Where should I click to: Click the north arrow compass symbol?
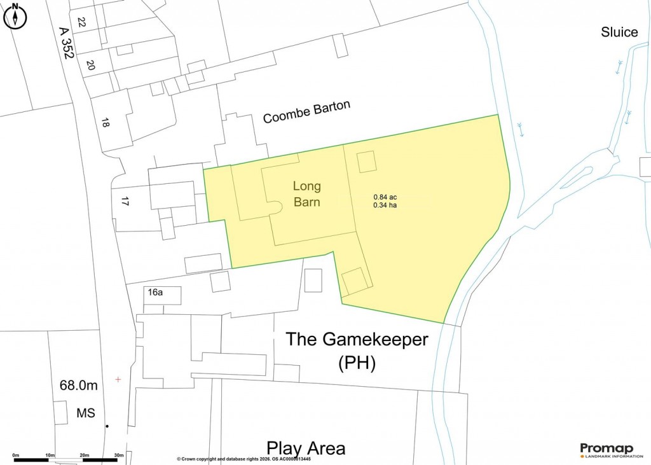pyautogui.click(x=15, y=17)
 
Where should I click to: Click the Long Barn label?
pyautogui.click(x=307, y=195)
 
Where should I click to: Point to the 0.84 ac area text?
pyautogui.click(x=385, y=197)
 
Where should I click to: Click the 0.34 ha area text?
pyautogui.click(x=385, y=205)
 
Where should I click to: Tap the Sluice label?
pyautogui.click(x=619, y=32)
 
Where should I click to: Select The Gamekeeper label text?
pyautogui.click(x=357, y=339)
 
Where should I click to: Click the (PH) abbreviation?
pyautogui.click(x=357, y=363)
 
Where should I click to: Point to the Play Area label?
pyautogui.click(x=306, y=448)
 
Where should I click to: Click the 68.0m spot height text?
pyautogui.click(x=78, y=385)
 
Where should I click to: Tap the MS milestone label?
pyautogui.click(x=86, y=413)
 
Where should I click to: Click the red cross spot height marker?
pyautogui.click(x=118, y=380)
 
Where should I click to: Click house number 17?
pyautogui.click(x=125, y=202)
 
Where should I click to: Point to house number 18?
pyautogui.click(x=105, y=123)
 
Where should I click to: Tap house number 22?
pyautogui.click(x=81, y=22)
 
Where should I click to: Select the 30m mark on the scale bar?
pyautogui.click(x=118, y=455)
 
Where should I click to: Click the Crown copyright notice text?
pyautogui.click(x=243, y=459)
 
